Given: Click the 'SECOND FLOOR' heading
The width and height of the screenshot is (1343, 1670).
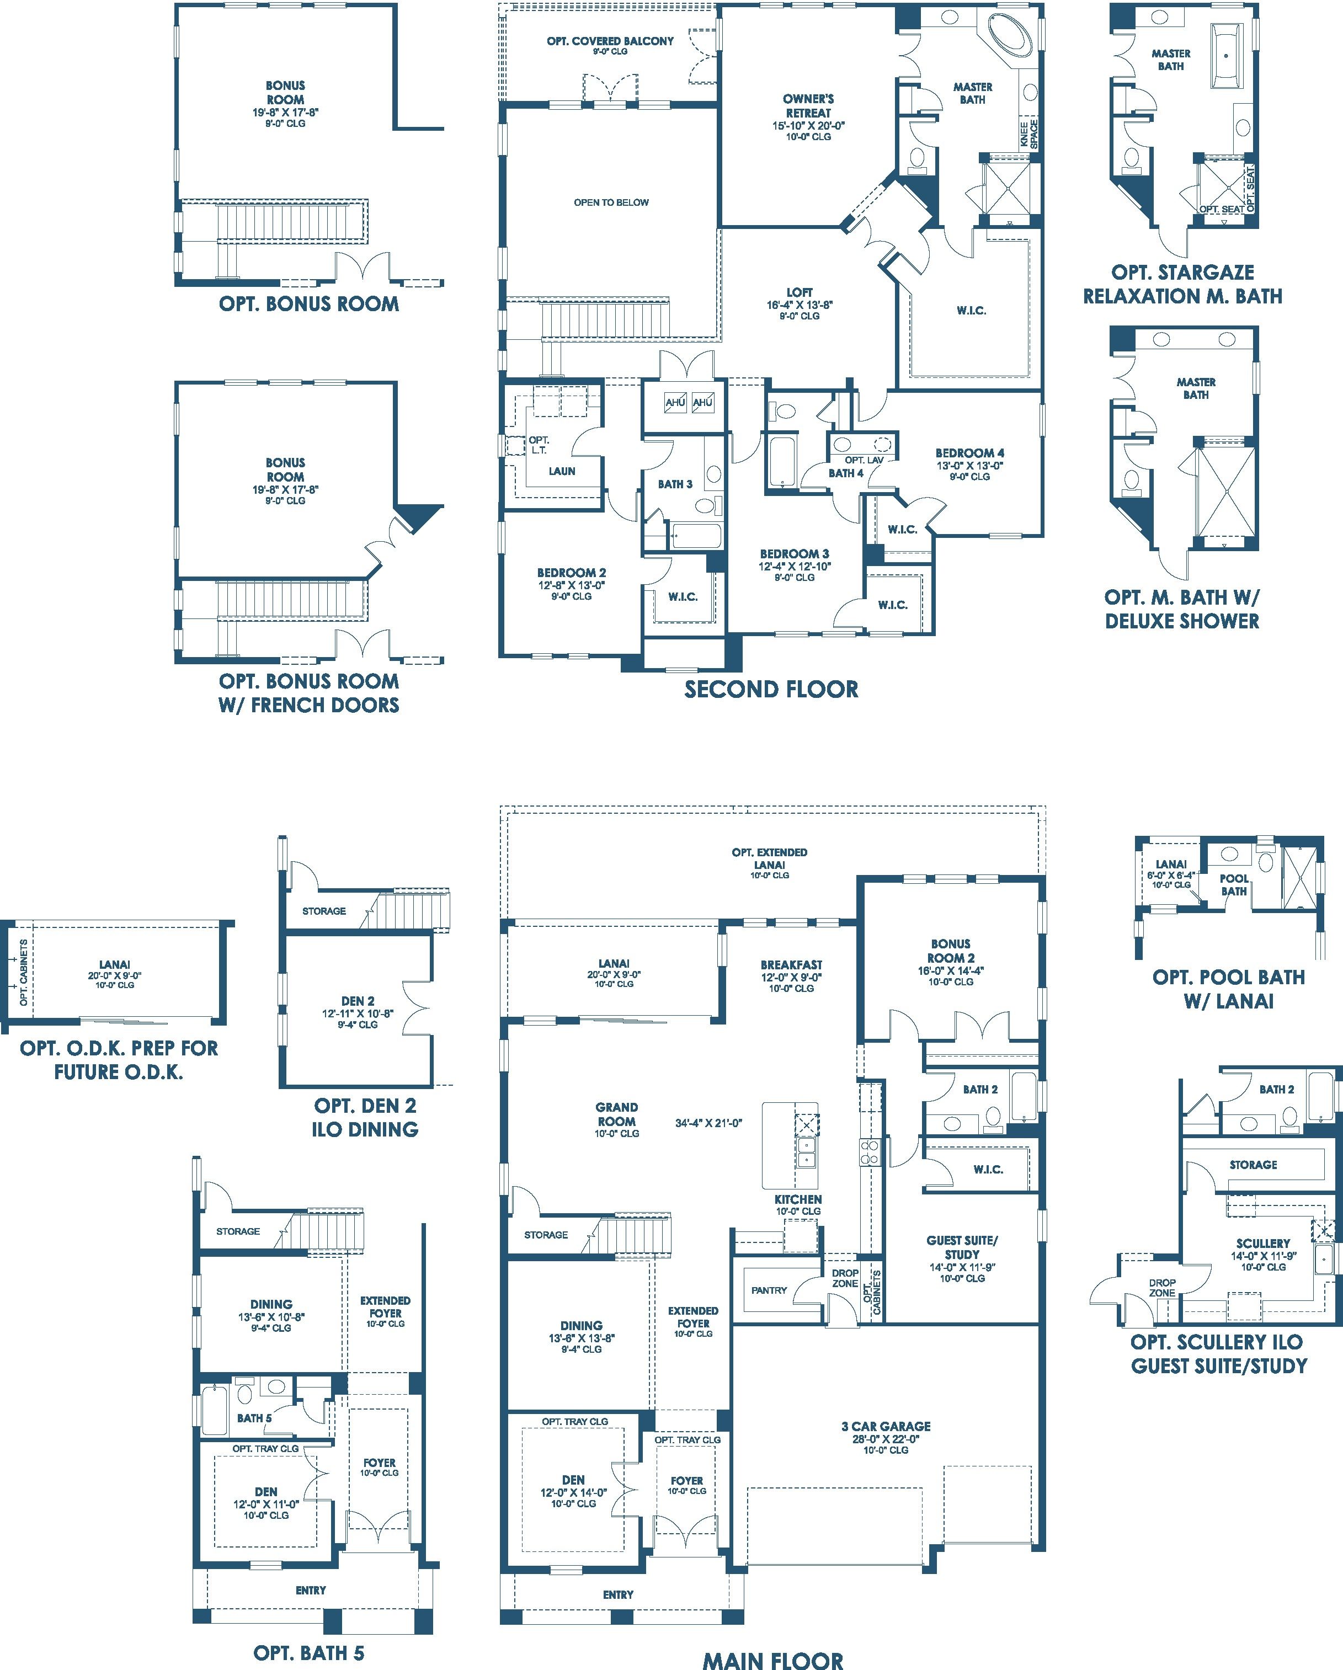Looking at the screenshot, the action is (771, 690).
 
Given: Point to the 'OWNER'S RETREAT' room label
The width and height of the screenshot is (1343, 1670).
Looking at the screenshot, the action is (808, 105).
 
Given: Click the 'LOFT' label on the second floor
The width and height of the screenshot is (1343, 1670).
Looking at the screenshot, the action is (800, 292).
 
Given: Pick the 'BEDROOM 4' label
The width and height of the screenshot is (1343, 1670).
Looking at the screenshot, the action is (969, 453).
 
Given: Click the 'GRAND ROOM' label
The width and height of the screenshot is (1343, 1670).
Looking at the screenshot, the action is (616, 1114).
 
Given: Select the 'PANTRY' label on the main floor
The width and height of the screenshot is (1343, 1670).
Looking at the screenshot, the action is (769, 1290).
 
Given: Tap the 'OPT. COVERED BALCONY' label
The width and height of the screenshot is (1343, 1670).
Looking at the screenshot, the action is (610, 41).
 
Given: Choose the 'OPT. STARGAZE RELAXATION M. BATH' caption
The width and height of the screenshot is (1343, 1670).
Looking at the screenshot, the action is (1182, 284).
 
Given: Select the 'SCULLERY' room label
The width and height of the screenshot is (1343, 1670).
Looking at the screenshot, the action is (1263, 1243).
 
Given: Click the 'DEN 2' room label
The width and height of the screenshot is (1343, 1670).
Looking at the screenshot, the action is (358, 1001).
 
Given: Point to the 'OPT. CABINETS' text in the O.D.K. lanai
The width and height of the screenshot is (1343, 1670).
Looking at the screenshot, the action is (23, 973).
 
